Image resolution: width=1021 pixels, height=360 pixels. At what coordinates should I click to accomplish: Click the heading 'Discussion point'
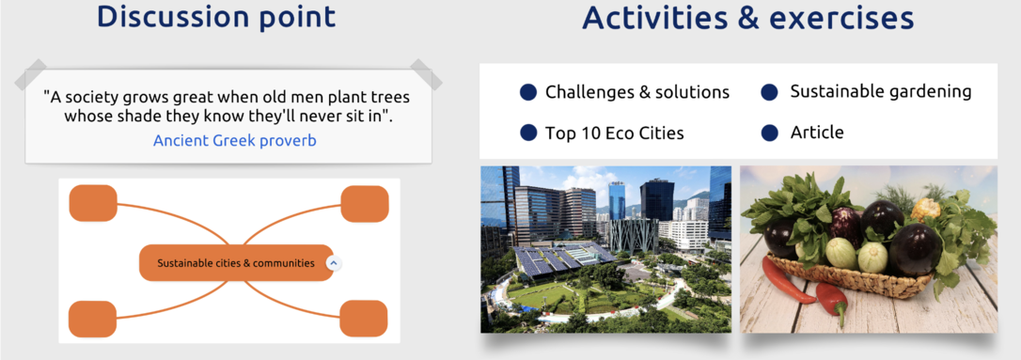pyautogui.click(x=216, y=17)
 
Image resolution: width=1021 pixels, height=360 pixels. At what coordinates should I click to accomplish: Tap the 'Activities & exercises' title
pyautogui.click(x=748, y=18)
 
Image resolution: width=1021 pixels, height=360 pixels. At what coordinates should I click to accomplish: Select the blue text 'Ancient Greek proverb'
pyautogui.click(x=234, y=140)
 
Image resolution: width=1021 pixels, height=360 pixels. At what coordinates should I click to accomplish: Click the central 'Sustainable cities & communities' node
pyautogui.click(x=236, y=263)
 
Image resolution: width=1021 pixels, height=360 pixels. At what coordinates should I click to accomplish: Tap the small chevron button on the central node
pyautogui.click(x=333, y=263)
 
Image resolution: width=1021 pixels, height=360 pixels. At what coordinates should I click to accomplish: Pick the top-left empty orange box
pyautogui.click(x=93, y=203)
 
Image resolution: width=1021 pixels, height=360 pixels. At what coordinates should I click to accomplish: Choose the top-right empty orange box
pyautogui.click(x=365, y=204)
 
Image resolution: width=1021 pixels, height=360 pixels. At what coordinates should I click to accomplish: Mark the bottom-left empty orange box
pyautogui.click(x=92, y=319)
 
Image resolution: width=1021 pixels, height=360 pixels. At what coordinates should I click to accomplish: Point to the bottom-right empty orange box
pyautogui.click(x=363, y=319)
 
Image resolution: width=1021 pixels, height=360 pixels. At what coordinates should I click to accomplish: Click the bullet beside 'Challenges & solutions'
pyautogui.click(x=528, y=92)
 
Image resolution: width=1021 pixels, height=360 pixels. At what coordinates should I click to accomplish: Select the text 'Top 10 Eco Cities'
pyautogui.click(x=615, y=133)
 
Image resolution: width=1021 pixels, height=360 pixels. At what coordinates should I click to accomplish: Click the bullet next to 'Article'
pyautogui.click(x=770, y=133)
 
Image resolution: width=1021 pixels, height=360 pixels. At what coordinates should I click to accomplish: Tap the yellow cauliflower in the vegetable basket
pyautogui.click(x=925, y=209)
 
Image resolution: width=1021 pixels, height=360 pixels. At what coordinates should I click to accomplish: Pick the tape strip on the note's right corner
pyautogui.click(x=426, y=74)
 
